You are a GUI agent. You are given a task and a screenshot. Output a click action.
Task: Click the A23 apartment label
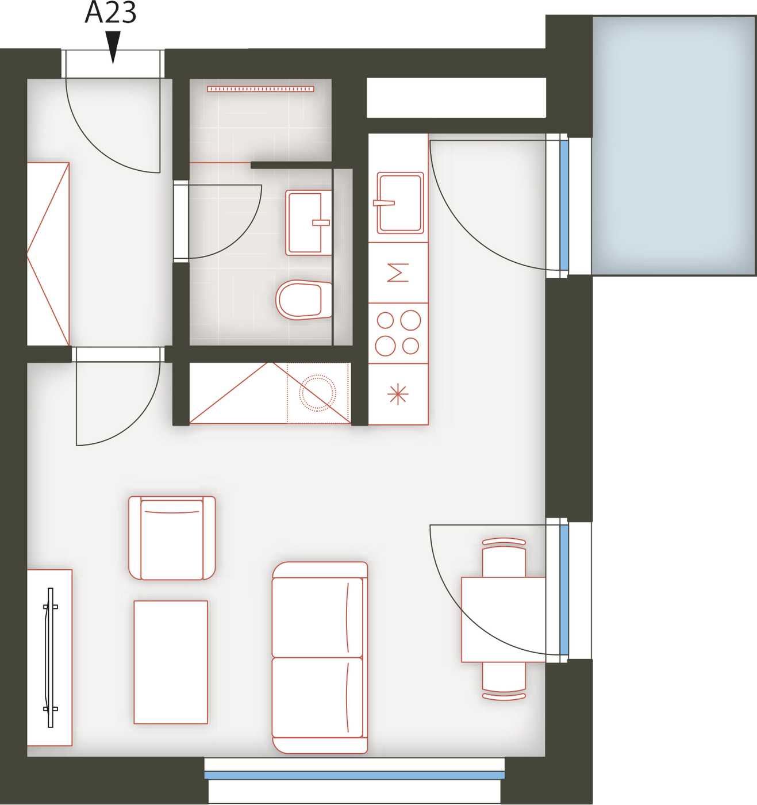(x=110, y=13)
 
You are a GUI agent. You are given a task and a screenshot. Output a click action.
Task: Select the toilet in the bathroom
(x=303, y=300)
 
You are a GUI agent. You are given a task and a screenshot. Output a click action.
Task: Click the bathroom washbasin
(x=309, y=223)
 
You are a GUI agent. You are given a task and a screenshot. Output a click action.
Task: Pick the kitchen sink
(x=400, y=202)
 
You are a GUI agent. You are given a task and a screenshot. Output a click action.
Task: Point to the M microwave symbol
(x=398, y=273)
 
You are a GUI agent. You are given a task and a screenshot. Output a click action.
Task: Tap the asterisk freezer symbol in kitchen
(x=398, y=393)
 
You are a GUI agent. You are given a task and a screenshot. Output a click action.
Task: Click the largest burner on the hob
(x=410, y=320)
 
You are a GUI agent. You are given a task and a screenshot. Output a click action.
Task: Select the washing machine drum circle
(x=317, y=393)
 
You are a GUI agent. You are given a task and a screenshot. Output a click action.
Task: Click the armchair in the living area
(x=172, y=538)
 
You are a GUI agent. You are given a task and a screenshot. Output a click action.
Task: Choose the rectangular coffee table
(x=171, y=662)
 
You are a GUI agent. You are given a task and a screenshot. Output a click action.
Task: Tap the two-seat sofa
(x=320, y=657)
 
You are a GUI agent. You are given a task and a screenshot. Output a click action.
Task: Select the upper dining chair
(x=504, y=557)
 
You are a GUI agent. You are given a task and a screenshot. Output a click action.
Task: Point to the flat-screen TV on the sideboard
(x=50, y=657)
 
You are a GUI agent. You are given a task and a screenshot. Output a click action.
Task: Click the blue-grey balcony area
(x=674, y=145)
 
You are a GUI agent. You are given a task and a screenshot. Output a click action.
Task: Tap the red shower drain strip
(x=260, y=89)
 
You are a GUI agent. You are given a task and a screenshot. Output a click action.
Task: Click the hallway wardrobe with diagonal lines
(x=48, y=254)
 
